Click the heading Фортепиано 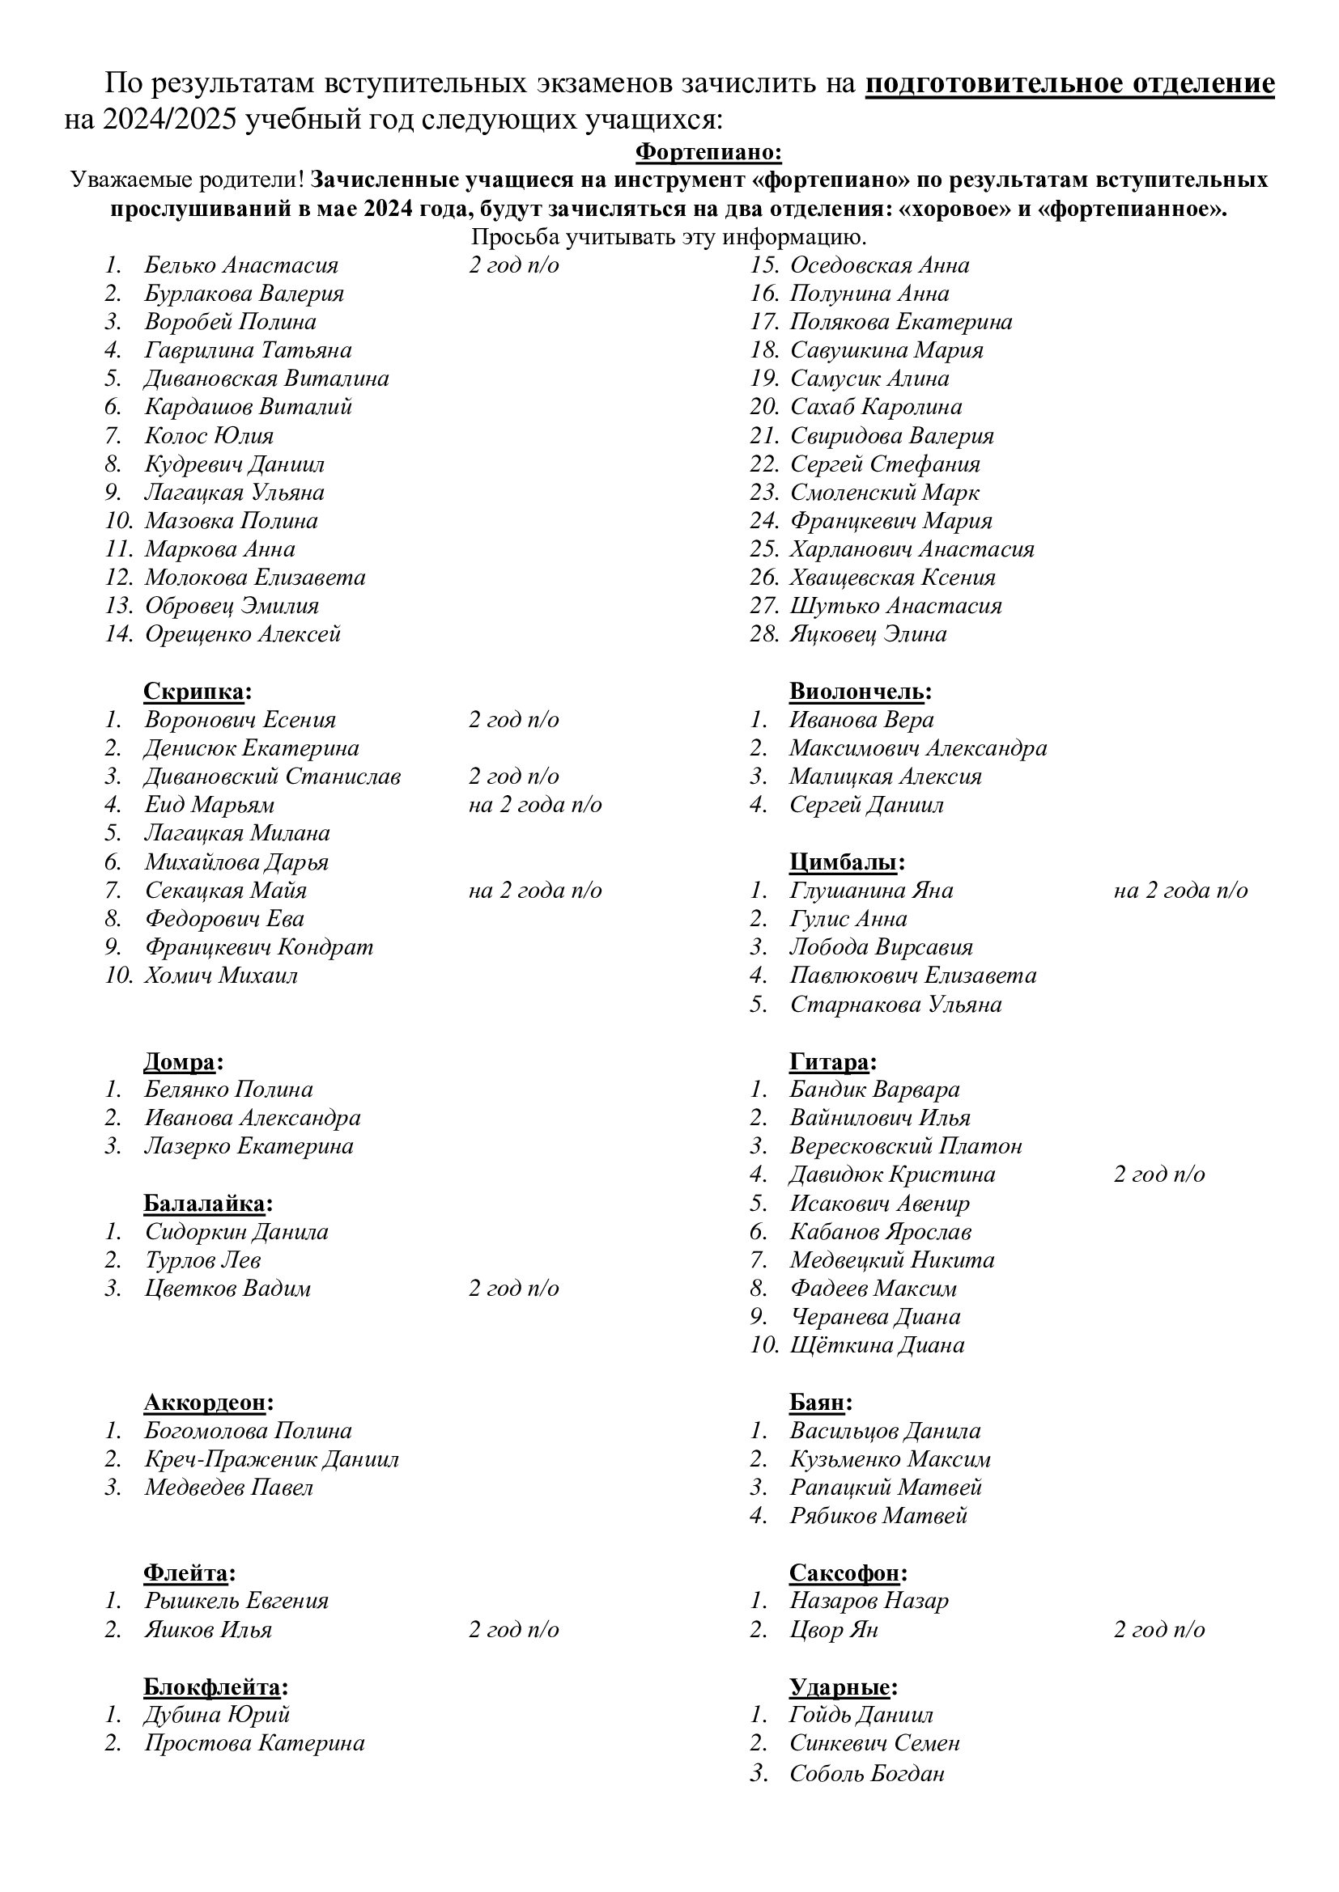coord(708,152)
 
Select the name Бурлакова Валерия coord(244,294)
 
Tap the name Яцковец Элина coord(867,633)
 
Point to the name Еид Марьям coord(210,804)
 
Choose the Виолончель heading coord(860,692)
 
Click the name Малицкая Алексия coord(885,777)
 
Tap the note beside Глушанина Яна coord(1180,890)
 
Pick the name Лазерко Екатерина coord(249,1146)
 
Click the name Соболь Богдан coord(865,1772)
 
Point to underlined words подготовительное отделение coord(1069,84)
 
